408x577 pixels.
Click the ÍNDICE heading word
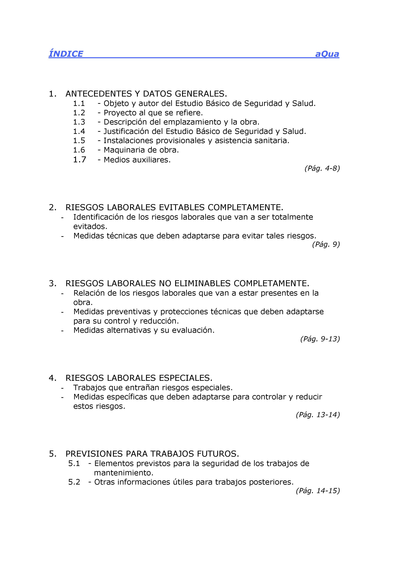(x=66, y=54)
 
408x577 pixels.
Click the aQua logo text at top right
(x=327, y=54)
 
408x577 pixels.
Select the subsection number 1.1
(x=79, y=103)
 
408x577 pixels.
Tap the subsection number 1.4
(x=79, y=131)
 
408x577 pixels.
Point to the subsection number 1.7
(x=79, y=160)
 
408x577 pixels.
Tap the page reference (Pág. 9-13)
(x=320, y=339)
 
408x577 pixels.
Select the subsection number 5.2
(x=74, y=482)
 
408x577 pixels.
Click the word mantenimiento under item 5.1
(x=124, y=473)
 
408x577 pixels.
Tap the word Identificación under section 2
(x=99, y=217)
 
